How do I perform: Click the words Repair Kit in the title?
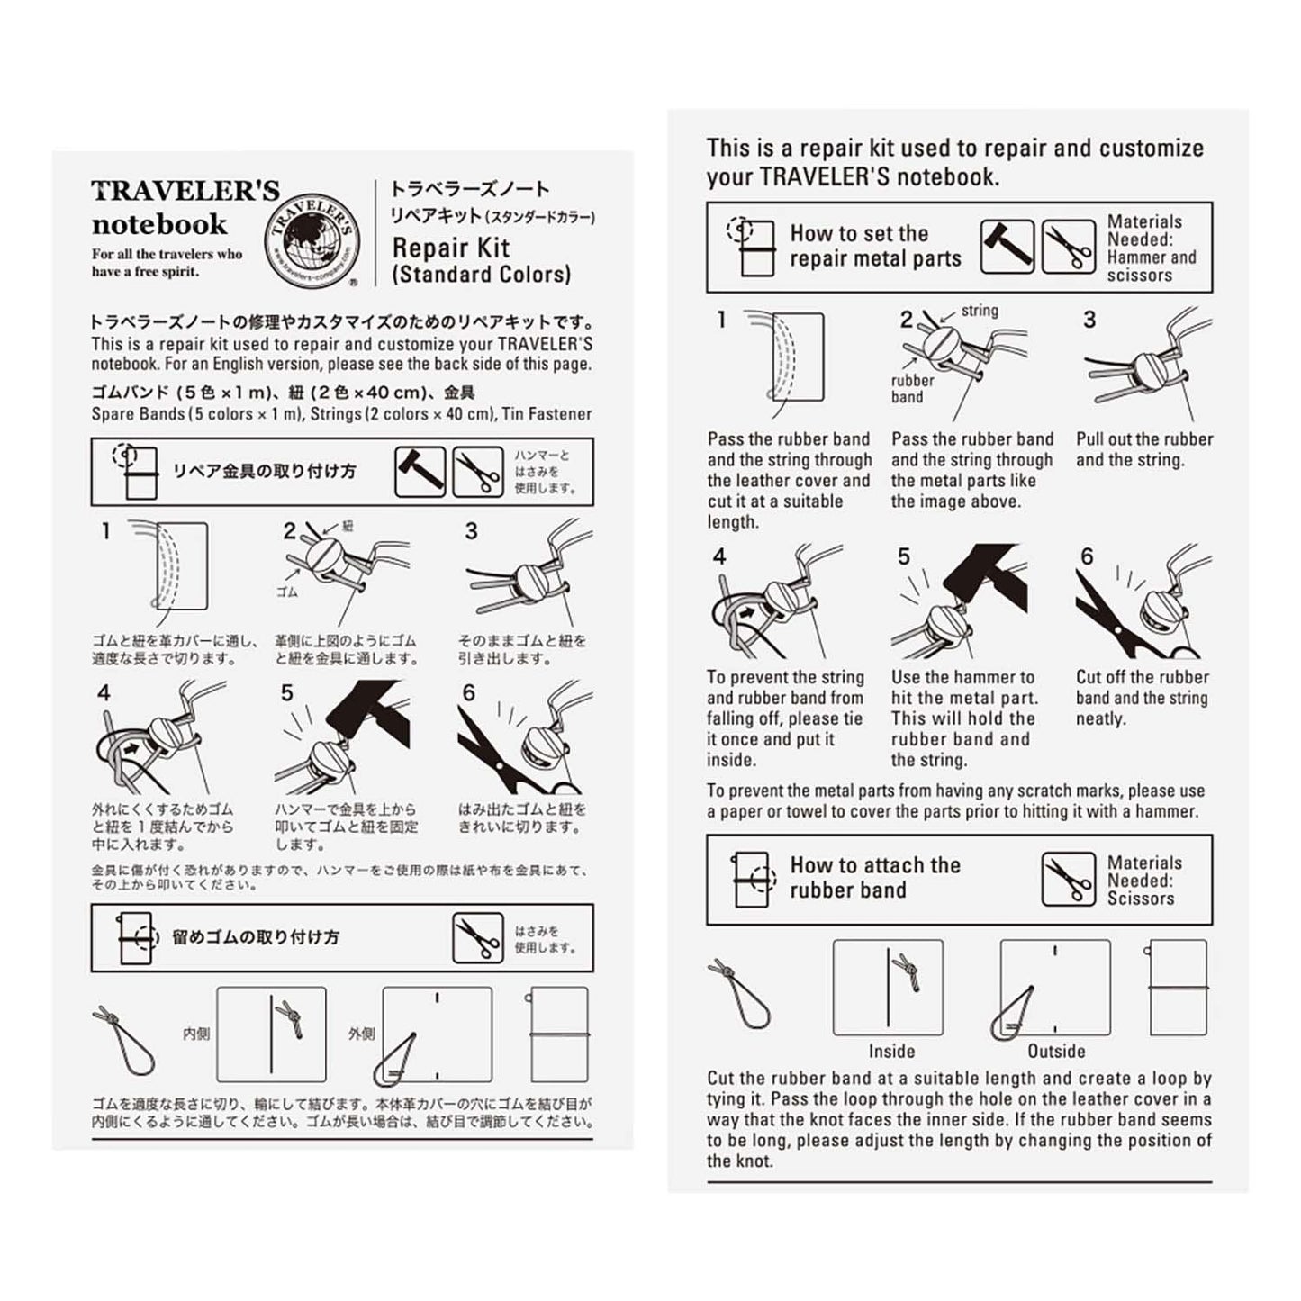451,248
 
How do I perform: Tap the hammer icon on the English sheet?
1007,247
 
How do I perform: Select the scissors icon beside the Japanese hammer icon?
477,472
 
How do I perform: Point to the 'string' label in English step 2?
980,311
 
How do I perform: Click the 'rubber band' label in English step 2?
912,388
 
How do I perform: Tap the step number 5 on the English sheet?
904,557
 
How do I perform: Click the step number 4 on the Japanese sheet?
104,692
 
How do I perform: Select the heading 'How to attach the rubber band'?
874,878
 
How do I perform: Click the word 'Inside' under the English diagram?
891,1051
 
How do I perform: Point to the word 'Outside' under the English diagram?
1056,1051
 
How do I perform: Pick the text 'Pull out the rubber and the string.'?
1143,449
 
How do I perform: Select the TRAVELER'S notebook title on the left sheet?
185,207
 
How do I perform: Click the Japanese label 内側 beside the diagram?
196,1034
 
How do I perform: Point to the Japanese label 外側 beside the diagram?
362,1034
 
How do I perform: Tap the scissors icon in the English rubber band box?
1068,880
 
